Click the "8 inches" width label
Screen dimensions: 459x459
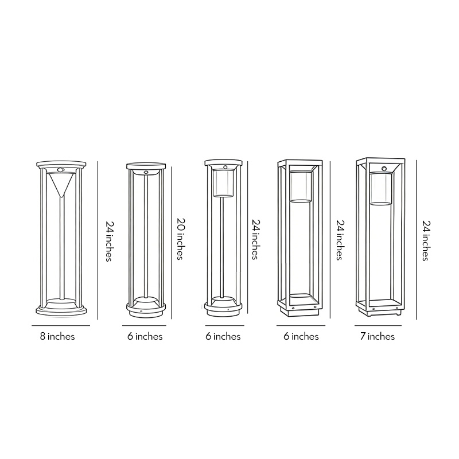57,337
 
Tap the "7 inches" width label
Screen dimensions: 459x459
377,337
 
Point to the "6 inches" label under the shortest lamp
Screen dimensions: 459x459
145,337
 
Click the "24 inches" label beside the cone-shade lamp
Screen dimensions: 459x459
107,241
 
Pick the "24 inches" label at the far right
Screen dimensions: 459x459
425,240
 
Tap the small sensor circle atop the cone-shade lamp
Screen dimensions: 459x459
60,170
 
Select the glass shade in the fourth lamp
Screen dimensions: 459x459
301,186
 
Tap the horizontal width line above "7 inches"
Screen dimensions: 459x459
378,326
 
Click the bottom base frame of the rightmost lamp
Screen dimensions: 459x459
379,310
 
